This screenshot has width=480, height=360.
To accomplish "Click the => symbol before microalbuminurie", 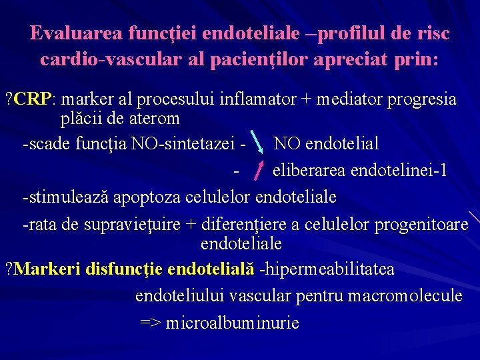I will (x=149, y=323).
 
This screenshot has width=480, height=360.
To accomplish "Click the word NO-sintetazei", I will (x=185, y=143).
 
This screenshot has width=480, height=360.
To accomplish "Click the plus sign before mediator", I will (x=306, y=100).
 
